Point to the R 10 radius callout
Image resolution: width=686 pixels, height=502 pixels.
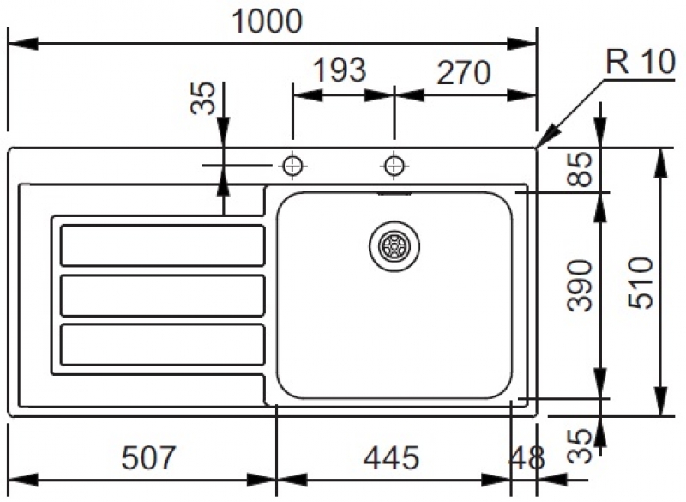pyautogui.click(x=638, y=63)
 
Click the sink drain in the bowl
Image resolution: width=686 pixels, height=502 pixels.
pyautogui.click(x=395, y=245)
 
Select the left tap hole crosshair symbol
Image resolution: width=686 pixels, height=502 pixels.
pyautogui.click(x=293, y=164)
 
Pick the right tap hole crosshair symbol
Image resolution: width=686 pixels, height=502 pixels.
pyautogui.click(x=394, y=164)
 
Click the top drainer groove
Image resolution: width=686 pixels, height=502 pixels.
pyautogui.click(x=162, y=245)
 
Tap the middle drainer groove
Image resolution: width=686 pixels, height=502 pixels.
pyautogui.click(x=162, y=295)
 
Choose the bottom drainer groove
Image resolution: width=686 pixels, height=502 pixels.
pyautogui.click(x=162, y=345)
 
